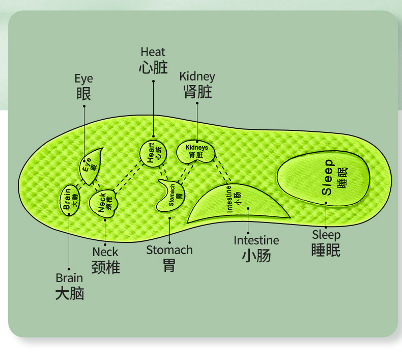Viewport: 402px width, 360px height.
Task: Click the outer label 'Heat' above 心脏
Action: [153, 52]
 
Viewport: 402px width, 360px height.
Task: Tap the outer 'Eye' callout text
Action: [83, 79]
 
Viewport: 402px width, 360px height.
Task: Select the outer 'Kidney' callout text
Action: [197, 77]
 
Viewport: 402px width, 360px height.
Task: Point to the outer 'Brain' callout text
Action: [69, 278]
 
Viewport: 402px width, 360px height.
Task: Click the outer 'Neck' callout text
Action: [105, 252]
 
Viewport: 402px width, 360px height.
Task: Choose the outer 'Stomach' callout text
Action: [169, 250]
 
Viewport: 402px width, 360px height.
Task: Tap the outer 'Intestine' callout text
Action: [256, 240]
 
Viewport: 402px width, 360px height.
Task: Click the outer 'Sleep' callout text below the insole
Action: [326, 235]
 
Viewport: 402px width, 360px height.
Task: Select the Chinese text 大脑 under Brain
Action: [69, 294]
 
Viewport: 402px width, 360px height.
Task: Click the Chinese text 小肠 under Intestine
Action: [256, 256]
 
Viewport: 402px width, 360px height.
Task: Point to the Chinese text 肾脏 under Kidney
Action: [197, 92]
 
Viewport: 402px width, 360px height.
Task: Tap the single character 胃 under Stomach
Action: [169, 265]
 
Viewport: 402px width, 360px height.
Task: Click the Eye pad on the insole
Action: [92, 164]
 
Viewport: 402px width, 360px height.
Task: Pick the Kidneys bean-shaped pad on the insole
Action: [196, 151]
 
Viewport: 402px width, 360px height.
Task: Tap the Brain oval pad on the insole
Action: [70, 199]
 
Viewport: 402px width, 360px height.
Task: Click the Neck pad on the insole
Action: [105, 202]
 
